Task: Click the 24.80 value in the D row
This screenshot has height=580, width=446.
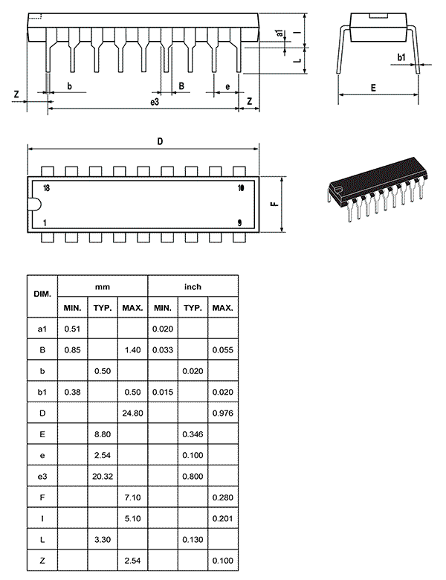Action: (132, 413)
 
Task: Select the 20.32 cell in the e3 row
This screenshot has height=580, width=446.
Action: (103, 477)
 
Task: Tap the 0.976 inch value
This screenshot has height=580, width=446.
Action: (223, 413)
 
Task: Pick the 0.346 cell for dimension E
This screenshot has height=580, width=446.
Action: (193, 434)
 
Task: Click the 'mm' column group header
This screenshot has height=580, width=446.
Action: (103, 287)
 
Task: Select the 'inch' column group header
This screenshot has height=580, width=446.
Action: (193, 287)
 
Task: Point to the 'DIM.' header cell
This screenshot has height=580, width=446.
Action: (42, 294)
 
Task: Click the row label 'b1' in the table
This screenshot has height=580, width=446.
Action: (42, 392)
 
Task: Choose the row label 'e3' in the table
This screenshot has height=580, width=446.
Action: (42, 477)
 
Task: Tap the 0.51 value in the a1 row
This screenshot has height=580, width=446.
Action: (72, 329)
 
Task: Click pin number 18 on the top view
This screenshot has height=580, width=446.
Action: (46, 188)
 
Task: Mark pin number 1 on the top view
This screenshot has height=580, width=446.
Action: (45, 222)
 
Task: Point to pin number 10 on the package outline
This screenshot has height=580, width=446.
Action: (241, 188)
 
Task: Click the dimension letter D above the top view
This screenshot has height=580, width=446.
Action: (160, 141)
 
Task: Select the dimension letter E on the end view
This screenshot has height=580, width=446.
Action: (373, 88)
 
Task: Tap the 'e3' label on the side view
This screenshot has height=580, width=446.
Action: (155, 102)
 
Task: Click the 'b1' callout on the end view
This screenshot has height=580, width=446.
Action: (401, 57)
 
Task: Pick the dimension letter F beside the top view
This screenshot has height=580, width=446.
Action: (275, 204)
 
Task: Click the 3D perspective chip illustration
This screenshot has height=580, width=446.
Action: (375, 189)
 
